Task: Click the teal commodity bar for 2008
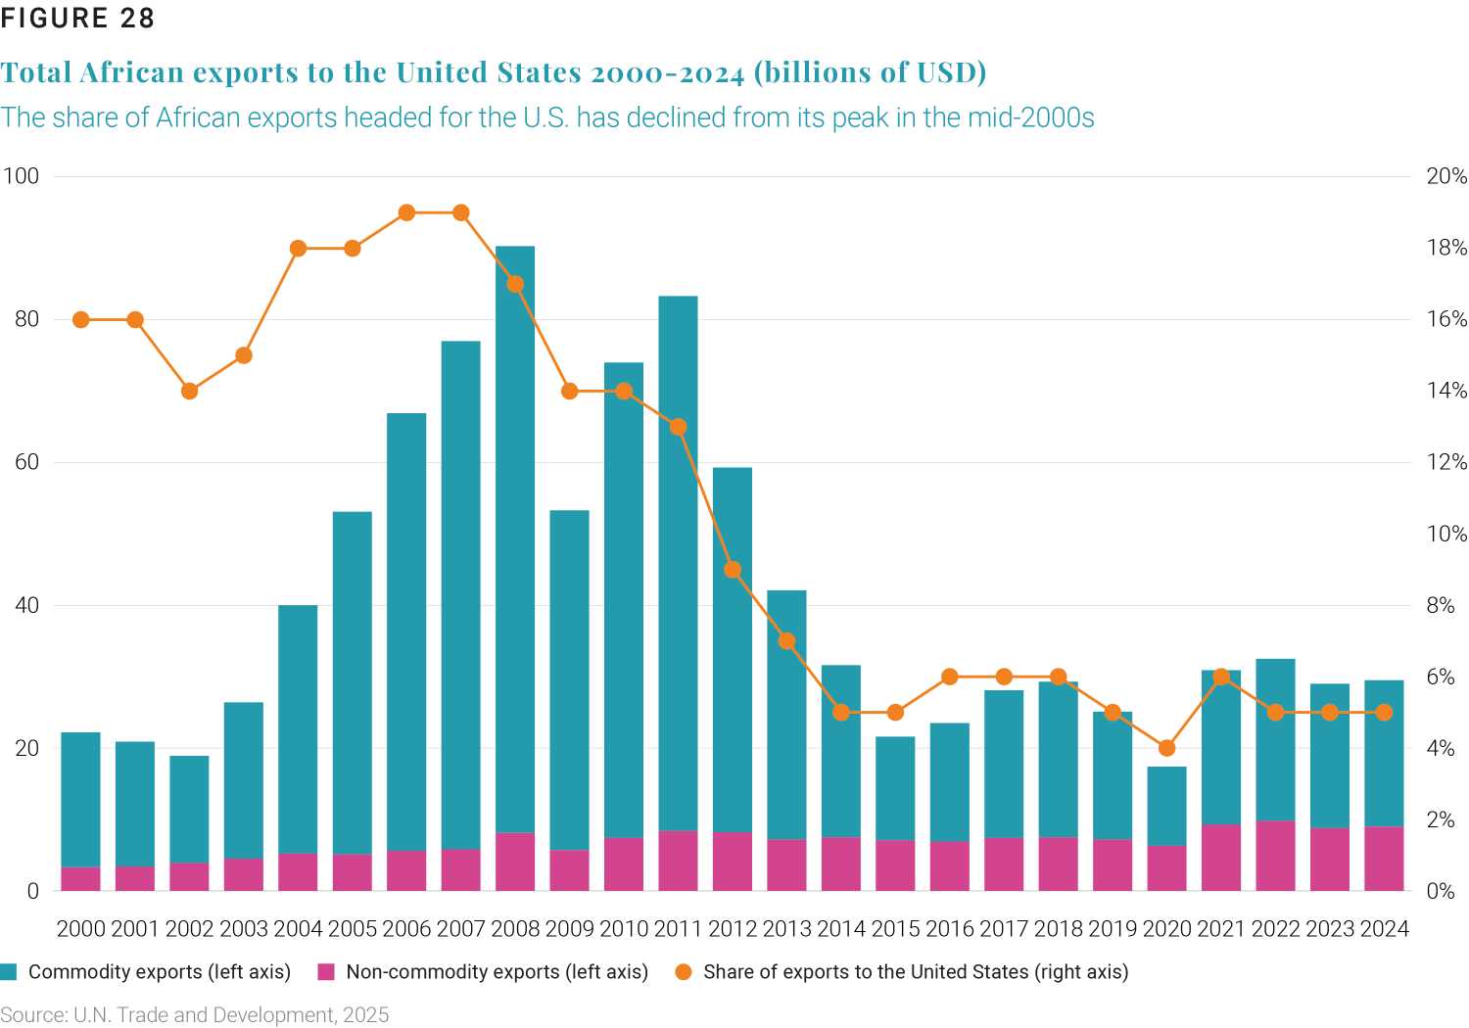pos(515,538)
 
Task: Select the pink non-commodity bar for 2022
pos(1275,856)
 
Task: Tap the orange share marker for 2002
pos(190,391)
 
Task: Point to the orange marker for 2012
pos(733,570)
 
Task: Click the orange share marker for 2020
pos(1166,748)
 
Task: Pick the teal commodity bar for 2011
pos(678,563)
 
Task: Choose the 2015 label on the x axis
pos(895,928)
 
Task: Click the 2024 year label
pos(1384,928)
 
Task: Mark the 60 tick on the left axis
pos(26,462)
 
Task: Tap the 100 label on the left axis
pos(21,176)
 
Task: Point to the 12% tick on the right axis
pos(1445,462)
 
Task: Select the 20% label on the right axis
pos(1445,176)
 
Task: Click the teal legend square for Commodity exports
pos(10,972)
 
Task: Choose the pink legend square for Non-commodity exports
pos(327,972)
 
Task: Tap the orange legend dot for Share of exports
pos(684,972)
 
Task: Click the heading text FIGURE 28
pos(77,19)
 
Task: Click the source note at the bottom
pos(195,1014)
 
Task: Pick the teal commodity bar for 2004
pos(298,729)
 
